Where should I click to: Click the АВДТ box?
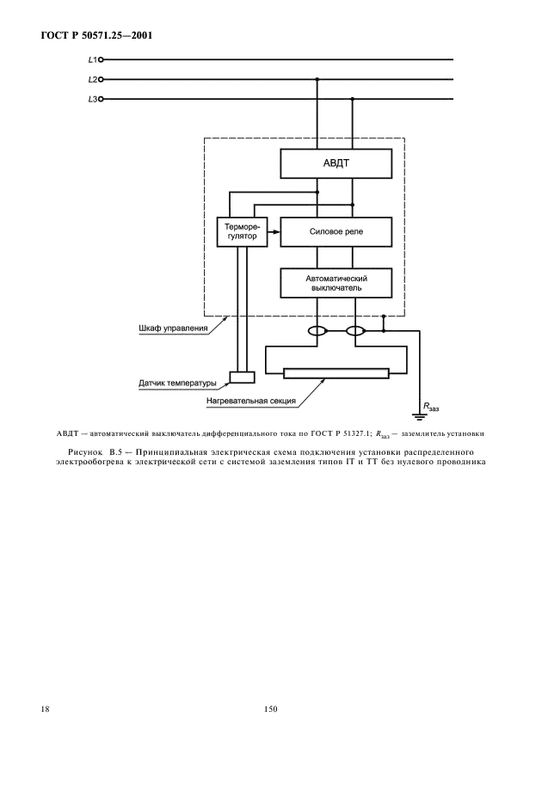pos(336,162)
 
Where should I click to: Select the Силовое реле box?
pos(336,230)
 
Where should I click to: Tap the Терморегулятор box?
pos(241,230)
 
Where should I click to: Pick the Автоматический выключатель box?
pos(336,284)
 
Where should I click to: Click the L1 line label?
pos(92,60)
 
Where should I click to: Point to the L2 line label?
pos(92,80)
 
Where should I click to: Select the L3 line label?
pos(92,100)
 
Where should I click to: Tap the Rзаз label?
pos(428,403)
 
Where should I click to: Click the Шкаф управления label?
pos(174,328)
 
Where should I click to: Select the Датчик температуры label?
pos(178,383)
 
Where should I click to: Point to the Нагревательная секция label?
pos(251,401)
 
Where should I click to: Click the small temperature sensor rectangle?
pos(242,377)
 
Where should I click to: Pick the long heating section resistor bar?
pos(336,373)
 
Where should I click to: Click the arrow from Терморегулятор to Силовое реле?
pos(274,230)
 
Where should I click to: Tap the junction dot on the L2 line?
pos(317,80)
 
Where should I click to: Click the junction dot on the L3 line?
pos(353,100)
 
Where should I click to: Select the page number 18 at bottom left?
pos(45,710)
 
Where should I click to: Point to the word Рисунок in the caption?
pos(84,450)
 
